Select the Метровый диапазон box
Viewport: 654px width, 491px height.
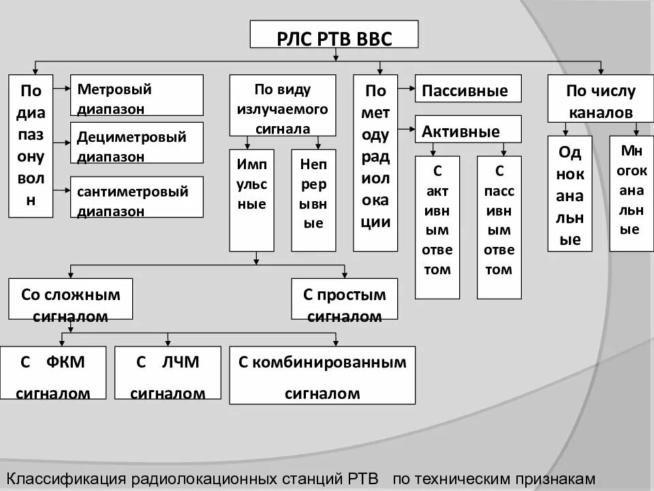[x=136, y=95]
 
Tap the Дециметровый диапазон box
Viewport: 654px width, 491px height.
[x=136, y=143]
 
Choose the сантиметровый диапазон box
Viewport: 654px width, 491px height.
[x=136, y=197]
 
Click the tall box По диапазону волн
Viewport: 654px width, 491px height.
[x=31, y=146]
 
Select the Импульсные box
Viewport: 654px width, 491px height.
[x=251, y=200]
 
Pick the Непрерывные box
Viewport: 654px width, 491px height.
[x=313, y=200]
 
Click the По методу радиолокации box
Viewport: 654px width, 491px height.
[x=375, y=162]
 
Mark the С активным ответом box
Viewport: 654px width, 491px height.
[x=437, y=227]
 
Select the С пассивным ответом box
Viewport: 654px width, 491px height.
[x=499, y=227]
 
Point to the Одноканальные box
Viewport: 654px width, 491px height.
[x=570, y=194]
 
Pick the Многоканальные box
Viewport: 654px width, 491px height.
[x=631, y=194]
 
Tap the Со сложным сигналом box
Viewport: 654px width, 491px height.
[x=70, y=299]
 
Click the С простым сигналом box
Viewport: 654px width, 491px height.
[x=344, y=299]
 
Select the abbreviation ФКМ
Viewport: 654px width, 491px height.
[x=65, y=362]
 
